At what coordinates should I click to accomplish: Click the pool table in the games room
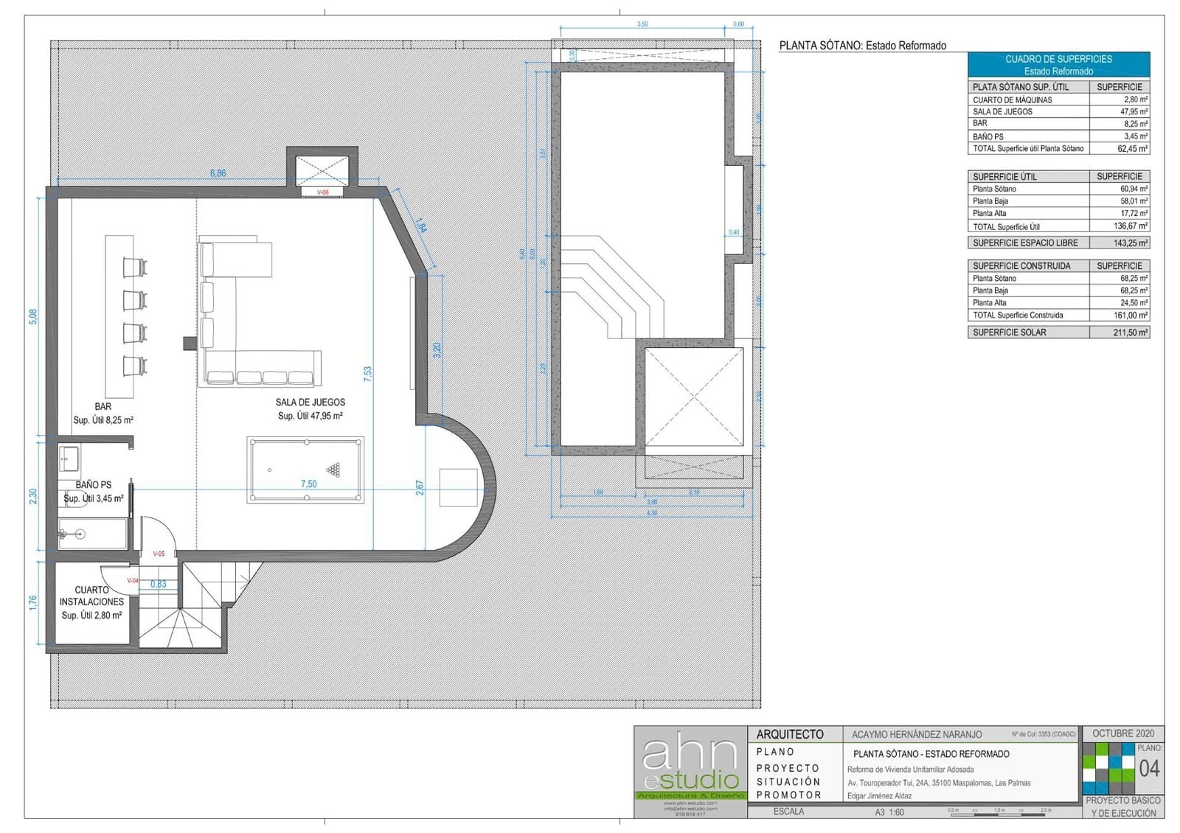tap(305, 470)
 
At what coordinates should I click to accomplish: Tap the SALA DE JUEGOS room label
tap(310, 402)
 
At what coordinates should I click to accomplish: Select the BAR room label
tap(103, 407)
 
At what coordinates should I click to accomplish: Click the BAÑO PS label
tap(94, 485)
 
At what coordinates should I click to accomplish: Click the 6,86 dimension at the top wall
tap(218, 173)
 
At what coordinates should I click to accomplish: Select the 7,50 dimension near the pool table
tap(308, 484)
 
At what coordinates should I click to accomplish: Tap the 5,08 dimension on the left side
tap(32, 316)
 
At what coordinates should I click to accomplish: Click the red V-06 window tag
tap(323, 192)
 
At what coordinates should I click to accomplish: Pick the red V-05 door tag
tap(159, 554)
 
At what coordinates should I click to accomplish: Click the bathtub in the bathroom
tap(92, 534)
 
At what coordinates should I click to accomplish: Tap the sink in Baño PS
tap(69, 459)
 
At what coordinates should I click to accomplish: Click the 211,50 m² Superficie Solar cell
tap(1119, 332)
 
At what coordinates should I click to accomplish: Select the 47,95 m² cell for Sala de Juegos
tap(1119, 112)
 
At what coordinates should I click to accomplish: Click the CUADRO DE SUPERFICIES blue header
tap(1058, 65)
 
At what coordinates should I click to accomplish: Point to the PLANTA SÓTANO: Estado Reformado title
tap(862, 46)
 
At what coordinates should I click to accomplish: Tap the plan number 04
tap(1149, 769)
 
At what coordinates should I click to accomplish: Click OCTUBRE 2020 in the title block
tap(1123, 733)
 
